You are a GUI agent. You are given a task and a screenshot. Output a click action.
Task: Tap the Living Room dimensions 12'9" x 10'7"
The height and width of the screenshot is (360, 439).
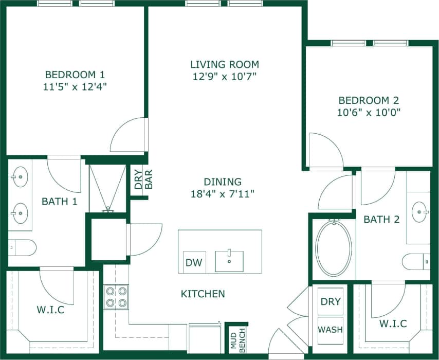(224, 77)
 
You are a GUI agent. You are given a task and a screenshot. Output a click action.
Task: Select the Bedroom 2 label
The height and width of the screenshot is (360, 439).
(368, 100)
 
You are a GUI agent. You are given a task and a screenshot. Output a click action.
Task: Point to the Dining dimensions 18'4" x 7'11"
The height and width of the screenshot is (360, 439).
(222, 194)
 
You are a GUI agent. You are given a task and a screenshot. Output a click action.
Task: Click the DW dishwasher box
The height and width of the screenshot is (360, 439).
(194, 263)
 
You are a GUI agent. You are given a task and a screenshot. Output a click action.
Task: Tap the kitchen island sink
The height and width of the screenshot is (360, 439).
(229, 261)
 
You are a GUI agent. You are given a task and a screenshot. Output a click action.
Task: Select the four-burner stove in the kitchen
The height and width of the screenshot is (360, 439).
(116, 297)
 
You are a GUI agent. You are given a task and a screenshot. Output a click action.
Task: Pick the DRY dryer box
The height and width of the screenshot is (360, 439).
(331, 301)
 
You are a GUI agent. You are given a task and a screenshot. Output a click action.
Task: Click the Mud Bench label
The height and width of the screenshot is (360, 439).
(237, 339)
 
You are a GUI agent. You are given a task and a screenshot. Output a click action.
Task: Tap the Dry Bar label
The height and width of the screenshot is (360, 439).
(143, 179)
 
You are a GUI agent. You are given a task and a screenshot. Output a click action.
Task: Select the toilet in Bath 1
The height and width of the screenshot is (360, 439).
(23, 247)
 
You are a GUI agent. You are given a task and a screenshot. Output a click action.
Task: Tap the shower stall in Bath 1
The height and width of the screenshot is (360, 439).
(108, 188)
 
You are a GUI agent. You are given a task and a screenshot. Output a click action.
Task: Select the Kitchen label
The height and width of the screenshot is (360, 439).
(203, 294)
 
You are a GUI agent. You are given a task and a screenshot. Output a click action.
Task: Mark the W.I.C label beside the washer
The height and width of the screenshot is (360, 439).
(393, 323)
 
